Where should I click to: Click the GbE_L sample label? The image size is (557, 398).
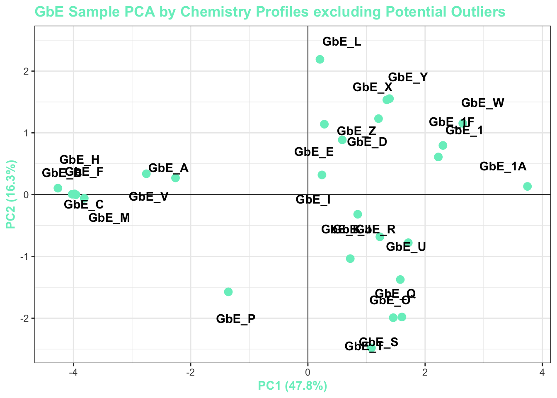(x=341, y=42)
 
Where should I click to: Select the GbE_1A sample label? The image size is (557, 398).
(x=503, y=167)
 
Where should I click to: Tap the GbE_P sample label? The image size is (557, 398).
(x=236, y=319)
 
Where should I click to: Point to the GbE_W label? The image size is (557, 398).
(x=482, y=103)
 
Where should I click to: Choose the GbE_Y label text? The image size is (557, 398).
(x=408, y=78)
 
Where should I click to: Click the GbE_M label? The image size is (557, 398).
(x=109, y=218)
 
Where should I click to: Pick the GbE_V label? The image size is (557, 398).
(x=148, y=197)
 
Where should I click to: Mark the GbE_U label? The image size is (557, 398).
(x=406, y=247)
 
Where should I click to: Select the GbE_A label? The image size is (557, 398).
(x=168, y=168)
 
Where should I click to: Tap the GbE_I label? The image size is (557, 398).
(x=313, y=200)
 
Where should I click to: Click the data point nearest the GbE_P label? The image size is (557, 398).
(x=228, y=292)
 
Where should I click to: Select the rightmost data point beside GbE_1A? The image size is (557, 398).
(x=527, y=187)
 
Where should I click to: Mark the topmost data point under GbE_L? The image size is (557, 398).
(x=320, y=59)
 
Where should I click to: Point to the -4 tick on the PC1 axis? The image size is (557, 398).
(x=73, y=372)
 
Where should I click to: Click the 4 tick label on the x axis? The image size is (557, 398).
(x=542, y=372)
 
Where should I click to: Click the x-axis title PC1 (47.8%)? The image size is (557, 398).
(x=293, y=386)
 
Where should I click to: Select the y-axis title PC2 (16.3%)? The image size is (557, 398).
(x=11, y=194)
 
